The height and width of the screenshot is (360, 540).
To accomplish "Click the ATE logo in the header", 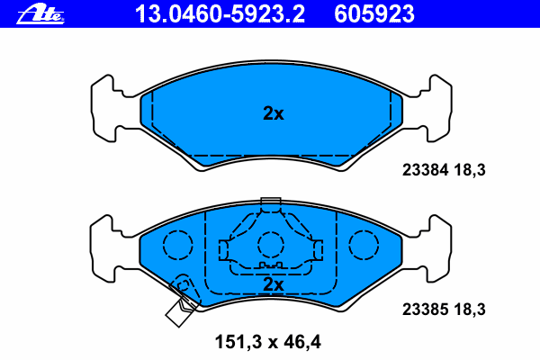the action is click(40, 14).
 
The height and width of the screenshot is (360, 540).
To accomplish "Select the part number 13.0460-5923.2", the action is click(220, 14).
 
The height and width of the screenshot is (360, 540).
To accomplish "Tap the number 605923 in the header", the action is click(374, 14).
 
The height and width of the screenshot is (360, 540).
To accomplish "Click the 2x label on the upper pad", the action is click(274, 113).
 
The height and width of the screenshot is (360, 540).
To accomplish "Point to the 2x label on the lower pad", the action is click(274, 284).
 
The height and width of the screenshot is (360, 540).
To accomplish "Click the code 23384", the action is click(426, 170).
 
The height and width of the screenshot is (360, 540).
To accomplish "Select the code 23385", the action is click(426, 310).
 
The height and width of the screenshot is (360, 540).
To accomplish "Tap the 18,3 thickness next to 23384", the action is click(470, 170).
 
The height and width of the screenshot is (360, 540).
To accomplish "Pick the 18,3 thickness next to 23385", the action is click(470, 310).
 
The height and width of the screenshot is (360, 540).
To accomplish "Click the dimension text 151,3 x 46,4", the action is click(268, 342).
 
